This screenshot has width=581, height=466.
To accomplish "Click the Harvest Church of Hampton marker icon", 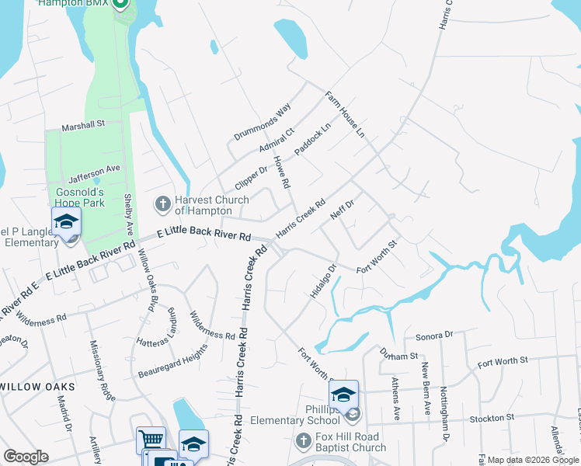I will [162, 204].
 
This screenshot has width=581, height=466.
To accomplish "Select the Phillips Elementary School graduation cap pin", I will [343, 395].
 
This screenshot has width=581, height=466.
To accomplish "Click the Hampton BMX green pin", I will [120, 4].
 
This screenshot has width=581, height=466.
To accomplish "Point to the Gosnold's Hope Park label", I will [69, 197].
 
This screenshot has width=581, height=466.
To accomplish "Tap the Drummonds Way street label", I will [262, 122].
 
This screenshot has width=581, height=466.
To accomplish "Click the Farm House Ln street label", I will [344, 116].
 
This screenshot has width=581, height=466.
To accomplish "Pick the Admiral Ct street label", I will [277, 142].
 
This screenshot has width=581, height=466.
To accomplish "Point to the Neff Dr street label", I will [341, 210].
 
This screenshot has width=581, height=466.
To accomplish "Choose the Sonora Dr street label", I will [433, 336].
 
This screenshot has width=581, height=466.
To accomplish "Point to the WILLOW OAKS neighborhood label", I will [37, 387].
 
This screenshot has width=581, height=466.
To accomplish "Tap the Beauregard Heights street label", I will [172, 362].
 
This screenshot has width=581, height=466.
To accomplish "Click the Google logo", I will [26, 457].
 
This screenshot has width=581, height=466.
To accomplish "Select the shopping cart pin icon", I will [150, 440].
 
